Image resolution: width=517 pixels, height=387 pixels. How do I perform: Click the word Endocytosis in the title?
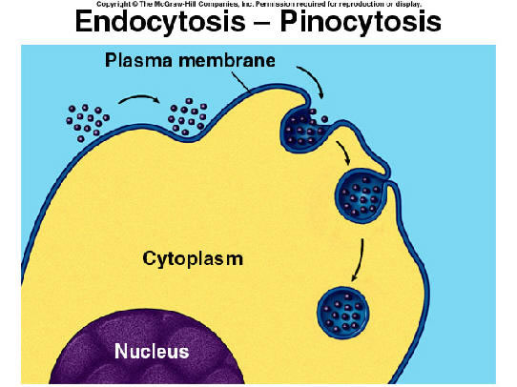[160, 21]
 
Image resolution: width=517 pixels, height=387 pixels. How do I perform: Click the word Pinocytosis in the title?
[361, 21]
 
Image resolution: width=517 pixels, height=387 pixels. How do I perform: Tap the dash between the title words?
[262, 23]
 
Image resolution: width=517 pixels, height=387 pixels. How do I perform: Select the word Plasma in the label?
[139, 60]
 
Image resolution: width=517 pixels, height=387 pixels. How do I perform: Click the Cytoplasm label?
[193, 259]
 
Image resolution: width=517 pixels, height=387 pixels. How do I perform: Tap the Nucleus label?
[152, 351]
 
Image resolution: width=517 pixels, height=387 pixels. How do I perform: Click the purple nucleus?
[149, 349]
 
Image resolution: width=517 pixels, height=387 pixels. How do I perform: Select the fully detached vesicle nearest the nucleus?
[342, 313]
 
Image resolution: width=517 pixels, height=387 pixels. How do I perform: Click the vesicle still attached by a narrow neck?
[361, 195]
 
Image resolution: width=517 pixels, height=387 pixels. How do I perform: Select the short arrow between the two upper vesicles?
[344, 152]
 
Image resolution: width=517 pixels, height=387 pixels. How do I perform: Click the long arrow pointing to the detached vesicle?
[359, 260]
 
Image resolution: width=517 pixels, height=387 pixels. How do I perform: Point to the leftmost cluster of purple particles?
[88, 123]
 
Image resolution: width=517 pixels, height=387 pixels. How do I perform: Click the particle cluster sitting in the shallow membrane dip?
[188, 117]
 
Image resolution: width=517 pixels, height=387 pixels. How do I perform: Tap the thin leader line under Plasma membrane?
[239, 81]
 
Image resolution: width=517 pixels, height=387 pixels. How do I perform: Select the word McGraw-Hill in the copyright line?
[176, 4]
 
